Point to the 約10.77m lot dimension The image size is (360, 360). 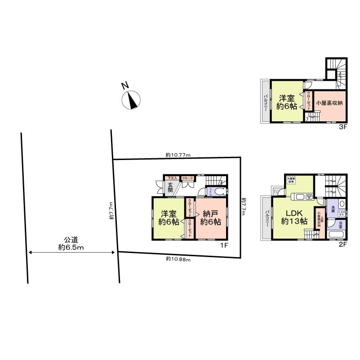(178, 155)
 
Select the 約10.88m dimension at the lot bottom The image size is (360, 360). (178, 259)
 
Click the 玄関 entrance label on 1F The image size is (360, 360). (170, 187)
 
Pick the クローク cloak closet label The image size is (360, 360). (187, 178)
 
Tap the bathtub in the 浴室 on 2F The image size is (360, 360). (335, 235)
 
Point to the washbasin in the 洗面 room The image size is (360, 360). (341, 204)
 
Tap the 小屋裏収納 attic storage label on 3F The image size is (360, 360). (329, 103)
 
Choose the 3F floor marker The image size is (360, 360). (343, 127)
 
